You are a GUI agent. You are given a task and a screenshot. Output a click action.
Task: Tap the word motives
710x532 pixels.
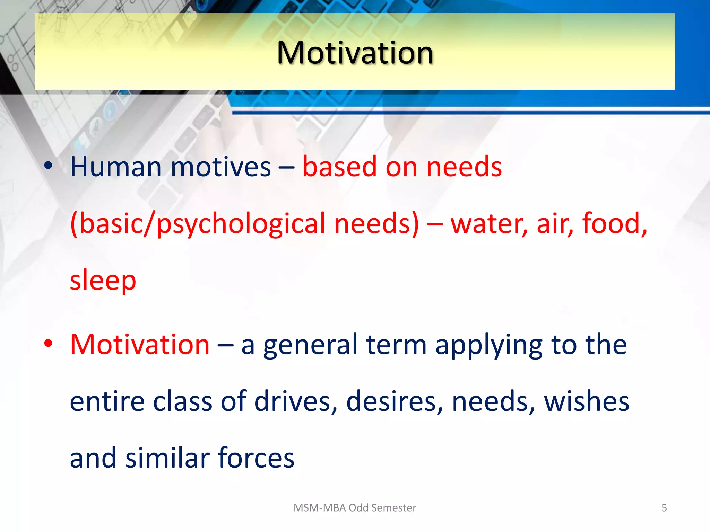[221, 167]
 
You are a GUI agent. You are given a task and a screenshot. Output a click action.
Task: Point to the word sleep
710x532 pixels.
[103, 281]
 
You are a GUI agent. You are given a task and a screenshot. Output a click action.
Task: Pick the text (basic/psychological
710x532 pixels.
[198, 224]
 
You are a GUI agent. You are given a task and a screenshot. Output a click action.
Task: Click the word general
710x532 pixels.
[310, 345]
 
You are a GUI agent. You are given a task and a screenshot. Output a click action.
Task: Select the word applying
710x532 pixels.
[489, 345]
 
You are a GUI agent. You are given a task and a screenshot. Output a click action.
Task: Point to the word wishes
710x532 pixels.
[587, 401]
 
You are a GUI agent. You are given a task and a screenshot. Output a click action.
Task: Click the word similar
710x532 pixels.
[168, 458]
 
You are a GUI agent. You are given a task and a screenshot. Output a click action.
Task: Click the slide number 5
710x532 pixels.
[664, 508]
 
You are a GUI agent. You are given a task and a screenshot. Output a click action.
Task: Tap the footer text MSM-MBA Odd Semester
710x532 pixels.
[355, 508]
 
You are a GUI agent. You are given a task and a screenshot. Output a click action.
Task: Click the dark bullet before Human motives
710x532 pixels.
[48, 166]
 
